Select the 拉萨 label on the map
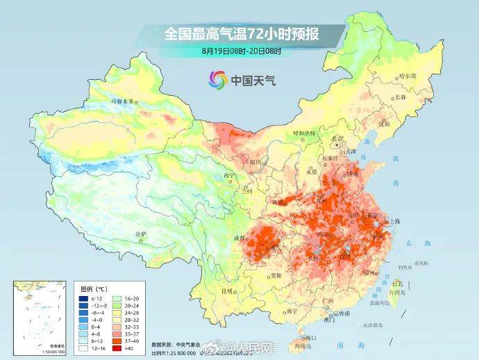coord(140,234)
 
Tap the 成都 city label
coord(240,238)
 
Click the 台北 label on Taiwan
coord(398,284)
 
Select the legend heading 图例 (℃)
coord(92,286)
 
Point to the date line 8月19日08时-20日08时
coord(241,51)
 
